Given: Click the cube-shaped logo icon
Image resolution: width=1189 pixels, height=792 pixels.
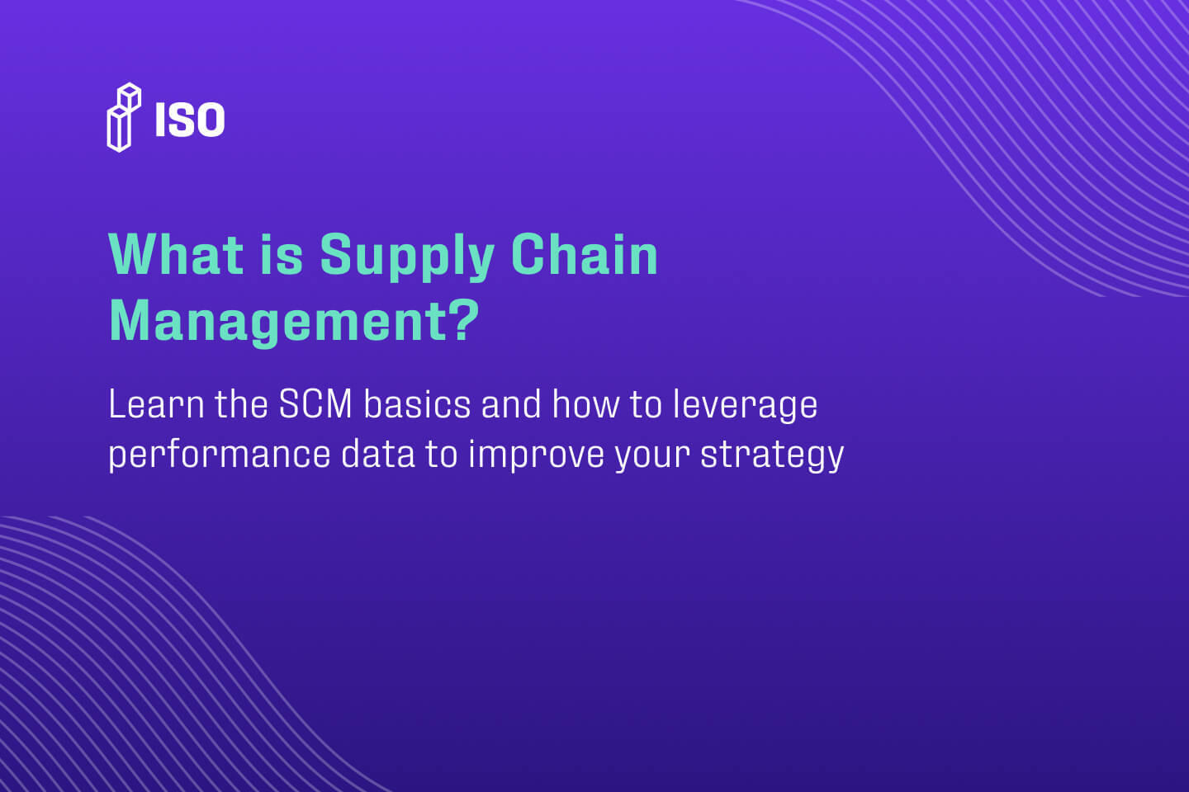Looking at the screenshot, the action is coord(124,117).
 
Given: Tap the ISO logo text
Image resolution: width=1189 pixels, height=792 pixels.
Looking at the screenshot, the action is coord(190,120).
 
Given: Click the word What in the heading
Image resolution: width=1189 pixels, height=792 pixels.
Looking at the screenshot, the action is coord(176,255).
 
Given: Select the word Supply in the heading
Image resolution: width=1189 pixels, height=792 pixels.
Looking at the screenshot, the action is coord(407,258).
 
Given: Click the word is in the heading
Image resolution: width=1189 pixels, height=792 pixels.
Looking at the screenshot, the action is coord(282,255).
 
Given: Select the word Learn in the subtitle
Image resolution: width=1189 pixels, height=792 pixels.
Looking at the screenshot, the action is coord(157,404).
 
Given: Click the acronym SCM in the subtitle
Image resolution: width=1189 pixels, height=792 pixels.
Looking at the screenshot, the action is coord(315,404).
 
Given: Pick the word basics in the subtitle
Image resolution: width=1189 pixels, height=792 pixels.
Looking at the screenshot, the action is coord(417,404).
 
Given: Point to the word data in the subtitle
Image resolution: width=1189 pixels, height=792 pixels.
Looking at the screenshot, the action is coord(377,454).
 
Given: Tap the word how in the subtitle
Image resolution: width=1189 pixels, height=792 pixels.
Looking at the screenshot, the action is coord(585,404).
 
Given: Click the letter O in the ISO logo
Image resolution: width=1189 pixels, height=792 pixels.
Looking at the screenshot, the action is coord(207,120).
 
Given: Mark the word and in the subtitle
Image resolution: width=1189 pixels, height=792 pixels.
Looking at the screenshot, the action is coord(511,404).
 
